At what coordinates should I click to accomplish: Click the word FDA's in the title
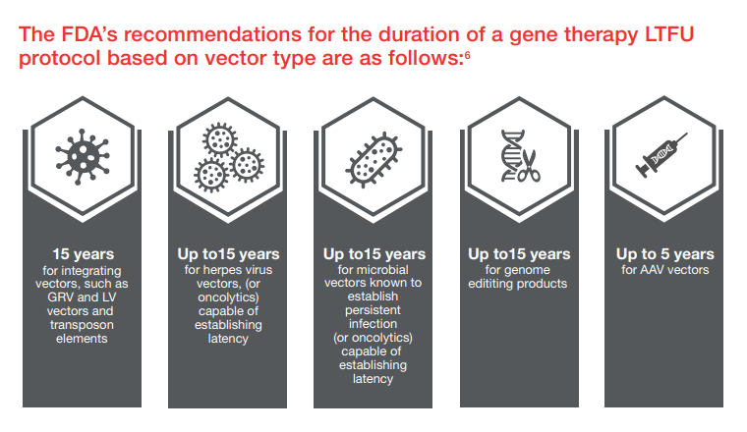tap(88, 34)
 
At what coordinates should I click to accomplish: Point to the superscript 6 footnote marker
tap(467, 55)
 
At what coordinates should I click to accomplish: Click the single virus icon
tap(83, 156)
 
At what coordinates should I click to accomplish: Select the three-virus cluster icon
tap(229, 157)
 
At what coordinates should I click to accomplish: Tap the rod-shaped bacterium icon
tap(373, 159)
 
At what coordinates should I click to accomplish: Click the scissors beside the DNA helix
tap(529, 167)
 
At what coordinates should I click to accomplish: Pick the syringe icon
tap(661, 155)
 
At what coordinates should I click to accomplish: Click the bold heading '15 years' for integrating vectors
tap(83, 254)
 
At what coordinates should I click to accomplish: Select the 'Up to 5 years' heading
tap(665, 254)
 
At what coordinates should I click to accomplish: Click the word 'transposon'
tap(83, 325)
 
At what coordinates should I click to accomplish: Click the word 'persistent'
tap(373, 310)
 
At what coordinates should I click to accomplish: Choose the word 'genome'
tap(529, 271)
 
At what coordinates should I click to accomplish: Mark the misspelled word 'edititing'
tap(490, 284)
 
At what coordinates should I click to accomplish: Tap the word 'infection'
tap(373, 324)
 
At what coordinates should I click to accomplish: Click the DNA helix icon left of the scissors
tap(512, 156)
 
